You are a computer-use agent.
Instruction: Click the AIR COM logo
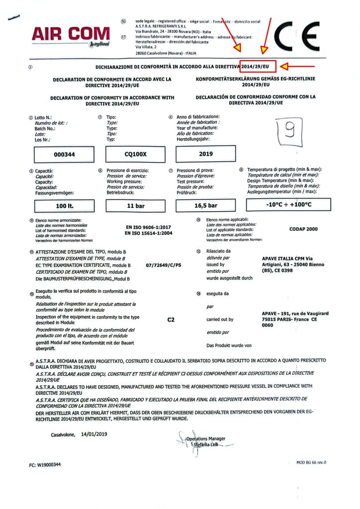point(70,35)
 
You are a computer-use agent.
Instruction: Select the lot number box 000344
point(64,154)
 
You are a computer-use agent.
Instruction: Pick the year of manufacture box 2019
point(206,154)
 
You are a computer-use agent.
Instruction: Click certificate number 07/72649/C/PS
point(164,266)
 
